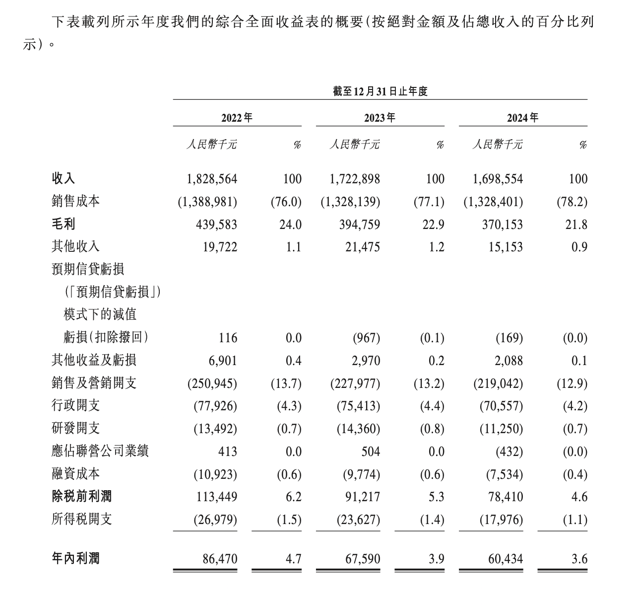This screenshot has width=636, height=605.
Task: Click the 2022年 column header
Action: [237, 118]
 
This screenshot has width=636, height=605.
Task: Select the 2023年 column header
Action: [380, 118]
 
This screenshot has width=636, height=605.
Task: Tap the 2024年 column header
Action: [522, 118]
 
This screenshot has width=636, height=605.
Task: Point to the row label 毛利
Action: [64, 224]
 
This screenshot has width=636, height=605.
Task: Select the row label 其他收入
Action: [75, 246]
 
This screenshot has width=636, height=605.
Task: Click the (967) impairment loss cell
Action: [366, 338]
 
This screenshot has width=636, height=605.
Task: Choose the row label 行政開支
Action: [75, 405]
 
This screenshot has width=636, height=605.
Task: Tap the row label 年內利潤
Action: [75, 558]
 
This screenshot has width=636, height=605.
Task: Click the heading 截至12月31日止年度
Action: [380, 91]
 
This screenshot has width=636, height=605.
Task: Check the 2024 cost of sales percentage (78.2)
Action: [572, 202]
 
